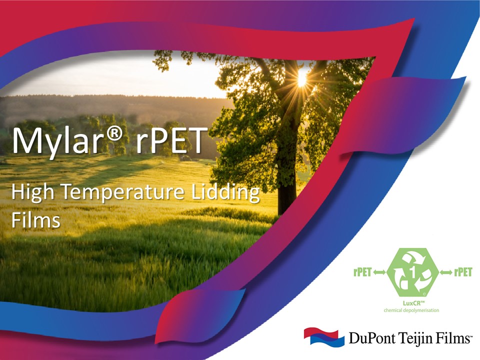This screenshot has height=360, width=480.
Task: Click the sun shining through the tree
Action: [301, 78]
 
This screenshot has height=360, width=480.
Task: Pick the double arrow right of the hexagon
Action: [446, 272]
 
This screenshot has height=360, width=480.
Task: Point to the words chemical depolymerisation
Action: [411, 310]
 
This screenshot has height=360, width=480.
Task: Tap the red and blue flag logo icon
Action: [323, 337]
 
